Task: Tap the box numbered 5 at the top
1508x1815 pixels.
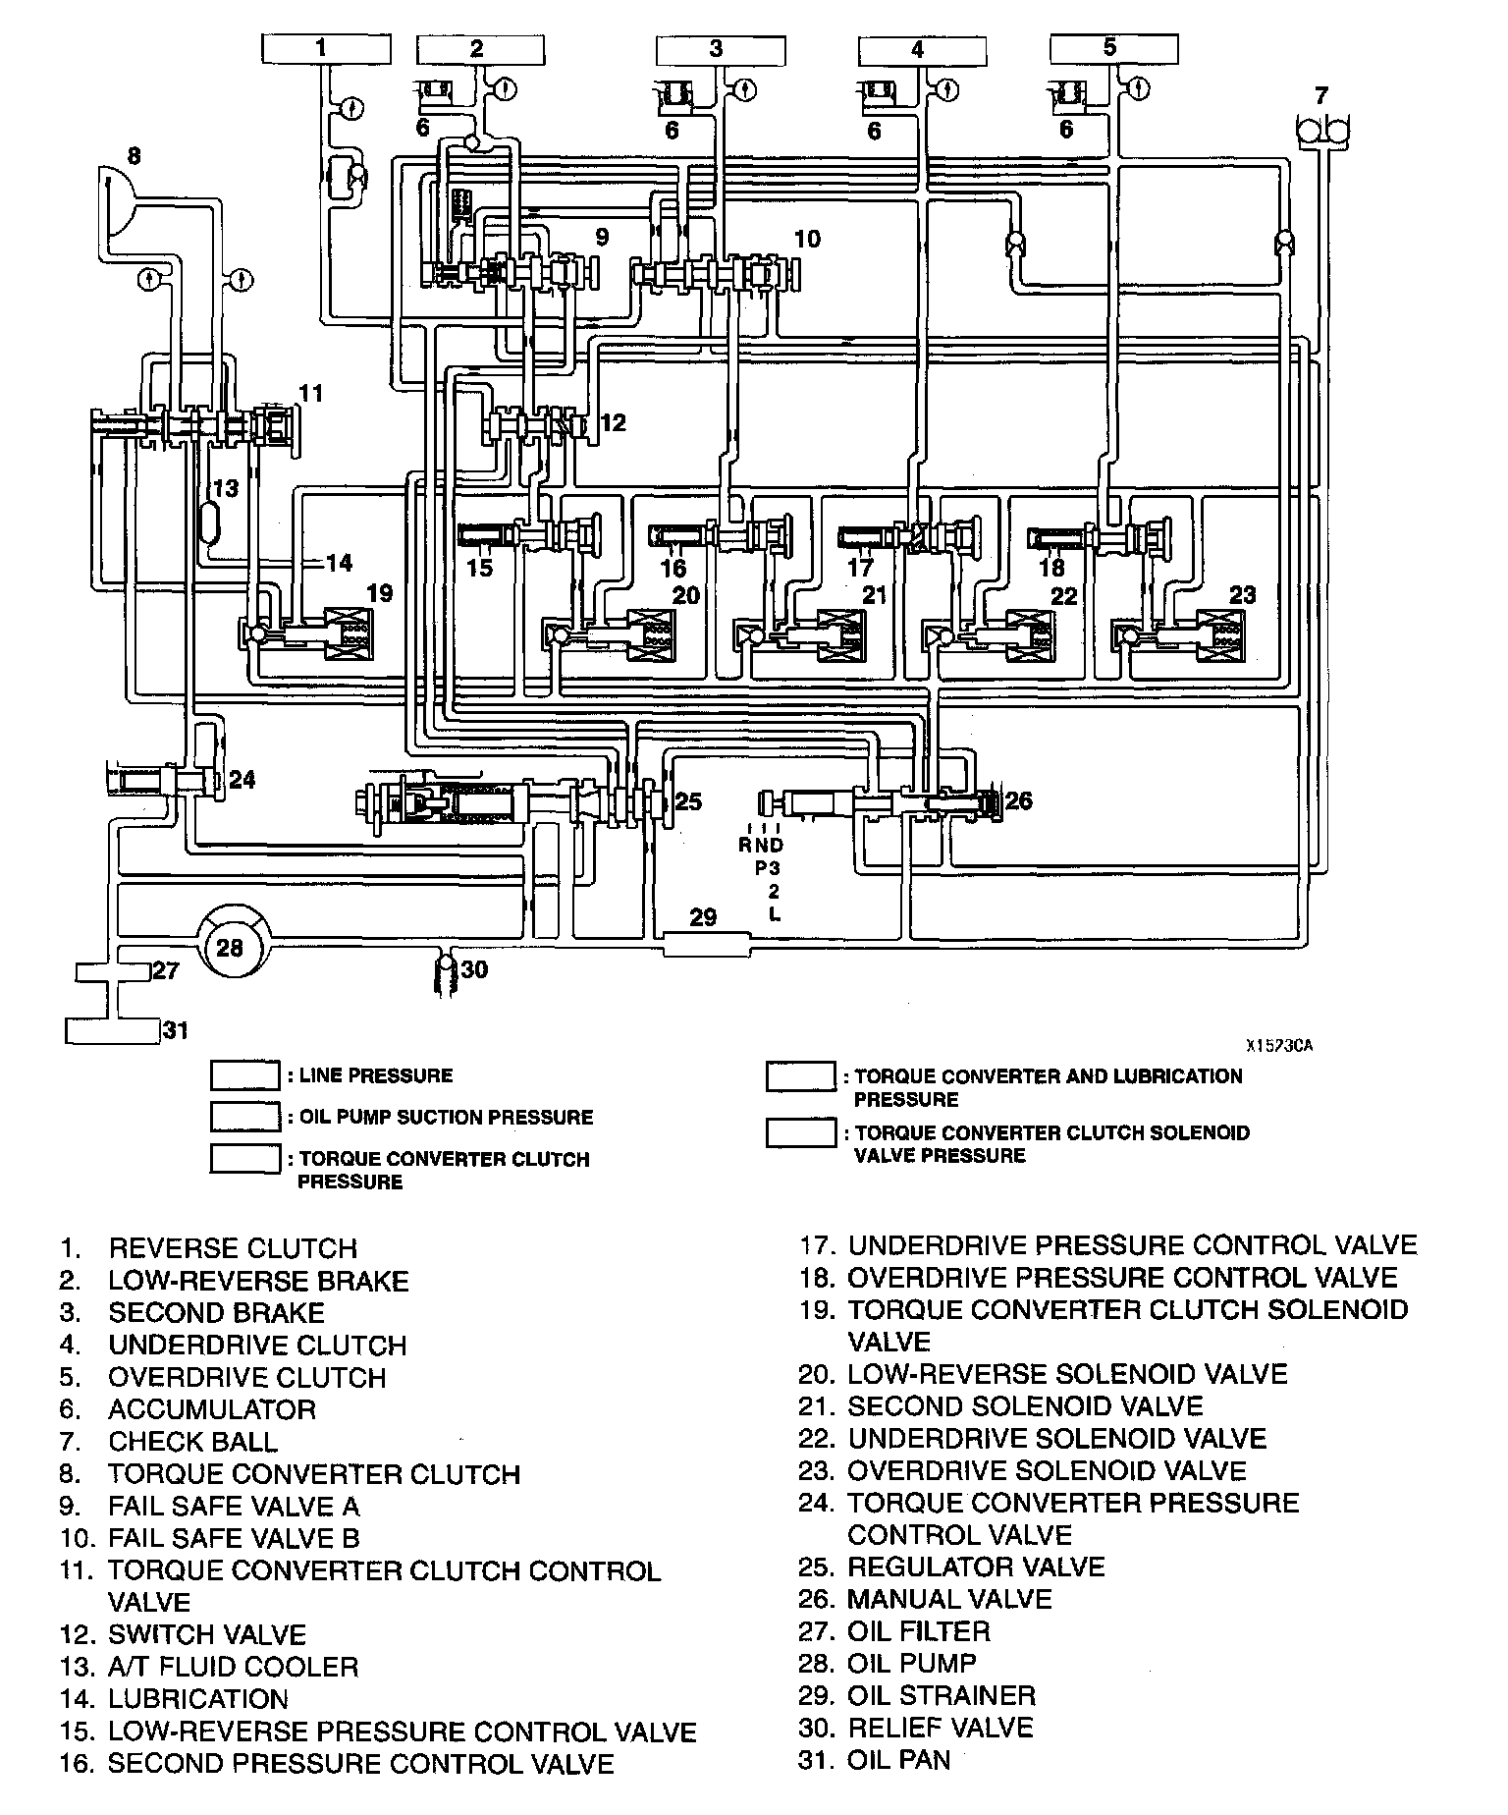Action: pos(1112,48)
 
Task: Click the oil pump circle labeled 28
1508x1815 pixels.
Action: pos(230,948)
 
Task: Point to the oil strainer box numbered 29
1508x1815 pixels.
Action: pos(705,946)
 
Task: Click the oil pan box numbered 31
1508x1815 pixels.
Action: pos(111,1031)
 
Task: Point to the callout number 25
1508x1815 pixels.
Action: pos(689,802)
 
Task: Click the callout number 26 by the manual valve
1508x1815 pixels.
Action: pos(1019,800)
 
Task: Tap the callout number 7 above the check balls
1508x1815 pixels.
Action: pos(1321,95)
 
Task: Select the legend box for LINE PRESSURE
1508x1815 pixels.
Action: pos(244,1074)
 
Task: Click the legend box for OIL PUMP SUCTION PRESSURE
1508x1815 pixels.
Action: pos(244,1117)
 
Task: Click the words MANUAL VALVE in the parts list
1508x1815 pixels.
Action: pos(949,1600)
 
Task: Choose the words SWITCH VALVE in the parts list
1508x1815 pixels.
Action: pos(207,1634)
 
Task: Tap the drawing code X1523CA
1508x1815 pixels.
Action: pos(1279,1046)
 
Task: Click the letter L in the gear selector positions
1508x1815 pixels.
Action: pos(776,914)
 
